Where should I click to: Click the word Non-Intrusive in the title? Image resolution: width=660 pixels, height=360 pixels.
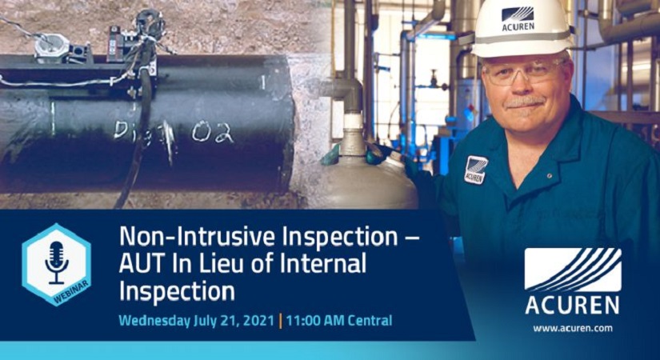click(x=178, y=237)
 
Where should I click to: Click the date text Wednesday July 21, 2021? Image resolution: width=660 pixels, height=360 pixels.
click(x=195, y=321)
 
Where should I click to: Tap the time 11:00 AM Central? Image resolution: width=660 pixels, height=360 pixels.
click(x=338, y=321)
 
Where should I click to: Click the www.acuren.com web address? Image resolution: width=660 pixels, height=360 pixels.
click(x=572, y=328)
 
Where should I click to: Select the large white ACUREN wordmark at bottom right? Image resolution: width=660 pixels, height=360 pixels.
click(x=572, y=306)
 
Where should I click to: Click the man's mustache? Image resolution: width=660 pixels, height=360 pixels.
click(x=526, y=102)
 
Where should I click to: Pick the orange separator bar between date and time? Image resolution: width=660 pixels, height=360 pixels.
click(x=280, y=321)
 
